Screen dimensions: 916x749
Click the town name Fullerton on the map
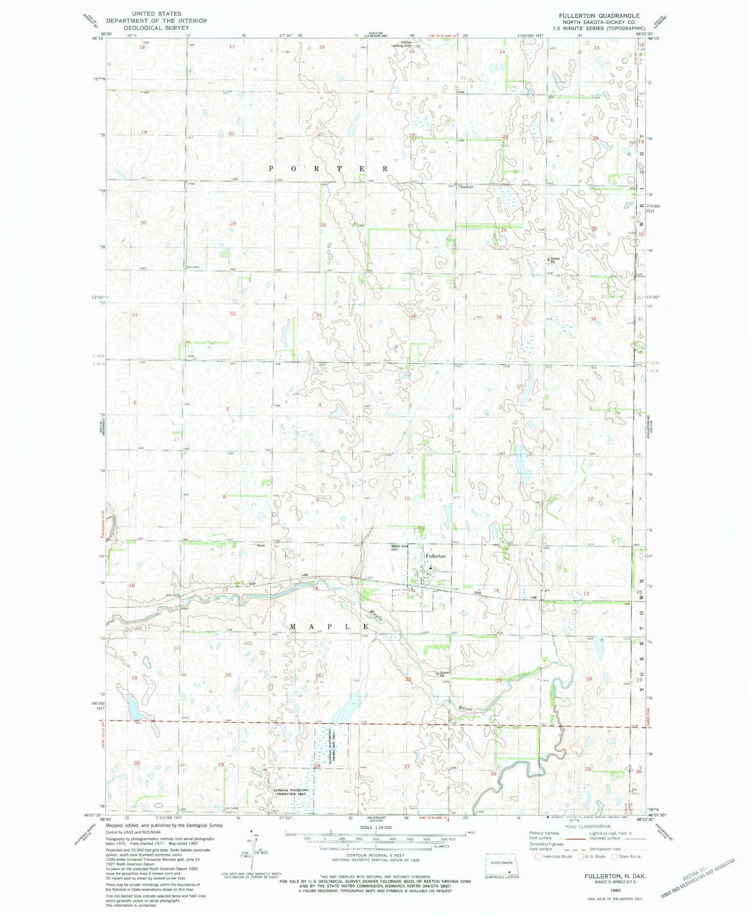[x=435, y=556]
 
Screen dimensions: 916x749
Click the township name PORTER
[x=329, y=169]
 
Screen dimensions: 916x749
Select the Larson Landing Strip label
[x=400, y=44]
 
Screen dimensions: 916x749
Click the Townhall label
[x=466, y=187]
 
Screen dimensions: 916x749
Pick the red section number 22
[x=408, y=679]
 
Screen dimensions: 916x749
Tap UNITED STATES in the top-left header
[x=156, y=13]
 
